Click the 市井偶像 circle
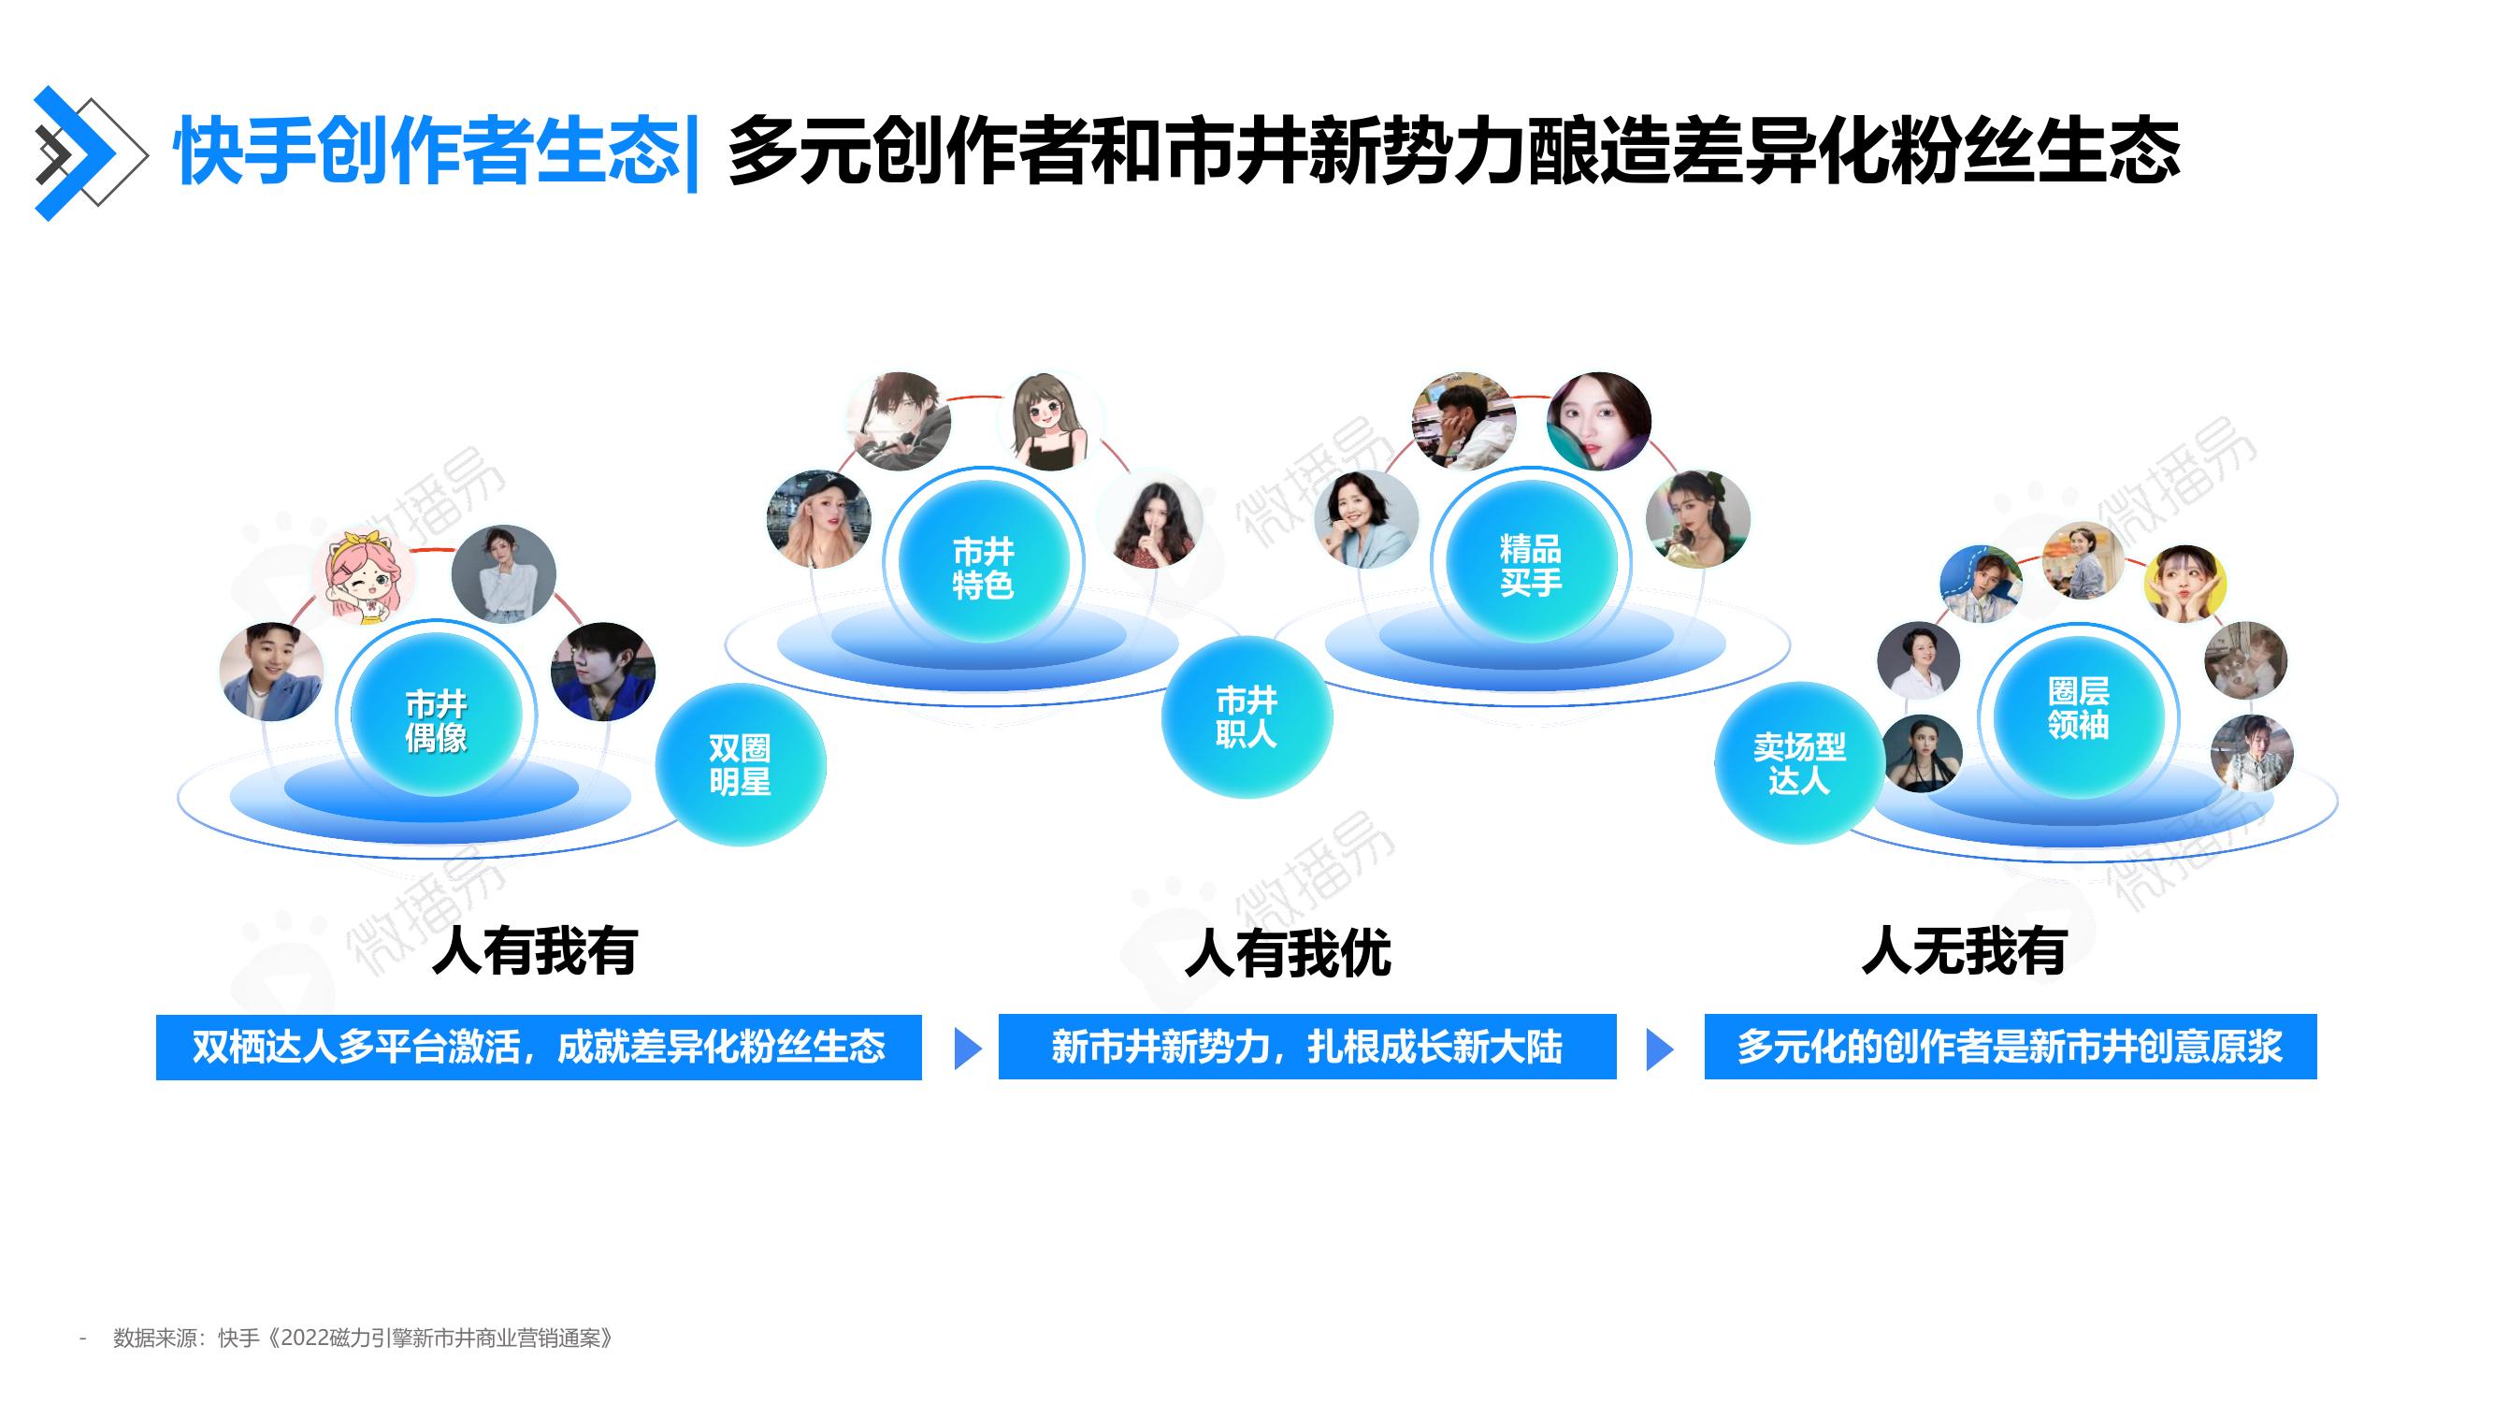tap(436, 717)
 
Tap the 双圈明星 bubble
tap(741, 764)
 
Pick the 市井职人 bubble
tap(1247, 716)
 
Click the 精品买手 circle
tap(1531, 562)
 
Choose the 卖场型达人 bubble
tap(1800, 763)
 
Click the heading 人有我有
tap(535, 951)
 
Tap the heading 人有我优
tap(1288, 953)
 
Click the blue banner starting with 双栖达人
tap(539, 1047)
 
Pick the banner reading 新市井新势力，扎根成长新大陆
tap(1307, 1047)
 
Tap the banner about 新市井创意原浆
tap(2010, 1047)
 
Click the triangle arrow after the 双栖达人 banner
tap(967, 1049)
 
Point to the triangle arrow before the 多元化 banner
tap(1660, 1049)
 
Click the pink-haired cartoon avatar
tap(364, 577)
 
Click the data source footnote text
tap(363, 1338)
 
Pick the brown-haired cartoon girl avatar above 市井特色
tap(1049, 421)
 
